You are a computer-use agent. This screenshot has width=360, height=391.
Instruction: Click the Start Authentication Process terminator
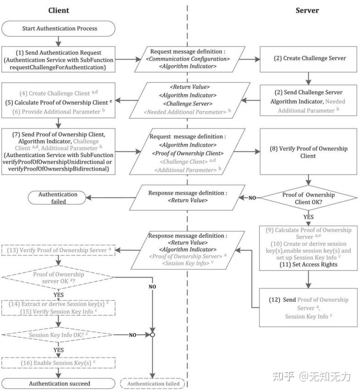coord(60,28)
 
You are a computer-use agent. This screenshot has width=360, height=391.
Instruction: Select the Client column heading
coord(59,10)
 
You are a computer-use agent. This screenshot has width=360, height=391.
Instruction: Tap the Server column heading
coord(307,10)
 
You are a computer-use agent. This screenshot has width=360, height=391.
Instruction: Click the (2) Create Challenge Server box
coord(308,59)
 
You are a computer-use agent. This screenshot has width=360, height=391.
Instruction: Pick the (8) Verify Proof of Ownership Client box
coord(308,152)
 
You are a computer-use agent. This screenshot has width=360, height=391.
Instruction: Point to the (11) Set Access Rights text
coord(308,264)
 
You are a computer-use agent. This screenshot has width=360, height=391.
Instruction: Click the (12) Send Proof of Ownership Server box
coord(308,307)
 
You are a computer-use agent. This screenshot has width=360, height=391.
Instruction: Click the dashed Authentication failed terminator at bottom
coord(153,383)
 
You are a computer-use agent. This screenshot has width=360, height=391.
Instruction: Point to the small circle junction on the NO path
coord(152,335)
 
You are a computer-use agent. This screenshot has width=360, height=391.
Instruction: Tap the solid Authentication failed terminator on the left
coord(58,198)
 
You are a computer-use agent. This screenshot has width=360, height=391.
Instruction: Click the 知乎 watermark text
coord(283,376)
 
